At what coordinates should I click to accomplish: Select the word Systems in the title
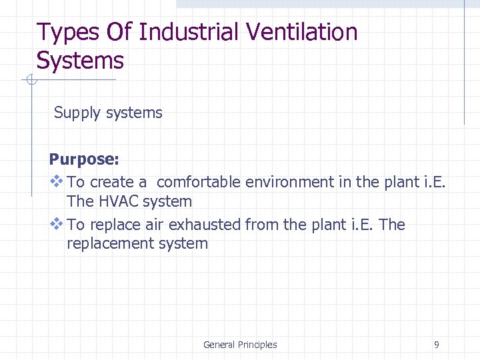point(80,61)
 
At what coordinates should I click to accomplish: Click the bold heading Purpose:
point(84,160)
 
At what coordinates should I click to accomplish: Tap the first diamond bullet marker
point(56,181)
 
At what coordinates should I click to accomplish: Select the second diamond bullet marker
point(56,223)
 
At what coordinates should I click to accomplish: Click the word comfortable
point(199,182)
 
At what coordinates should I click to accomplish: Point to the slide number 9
point(437,345)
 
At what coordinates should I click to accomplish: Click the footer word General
point(219,345)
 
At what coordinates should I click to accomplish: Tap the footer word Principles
point(257,345)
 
